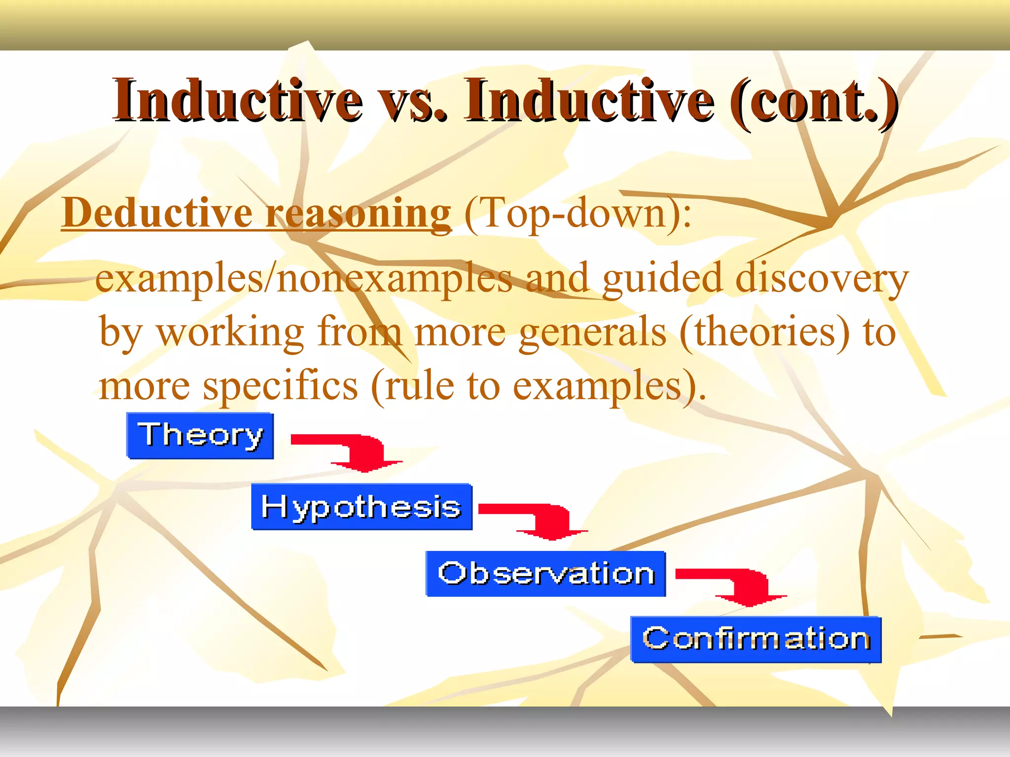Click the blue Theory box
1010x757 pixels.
point(200,436)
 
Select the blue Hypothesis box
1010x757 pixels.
point(361,507)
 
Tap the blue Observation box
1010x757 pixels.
point(545,574)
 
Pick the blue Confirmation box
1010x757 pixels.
point(756,639)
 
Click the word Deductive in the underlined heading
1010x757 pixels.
point(157,213)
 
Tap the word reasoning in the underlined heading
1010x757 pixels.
point(358,213)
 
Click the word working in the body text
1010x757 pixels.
point(230,332)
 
